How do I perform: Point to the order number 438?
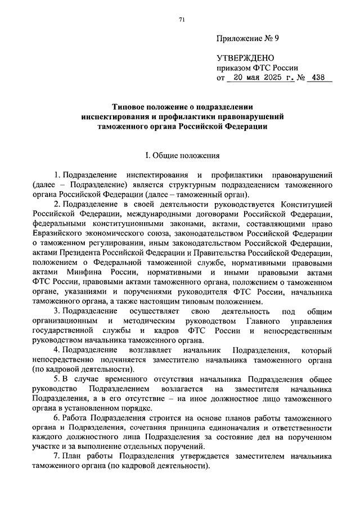point(319,78)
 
